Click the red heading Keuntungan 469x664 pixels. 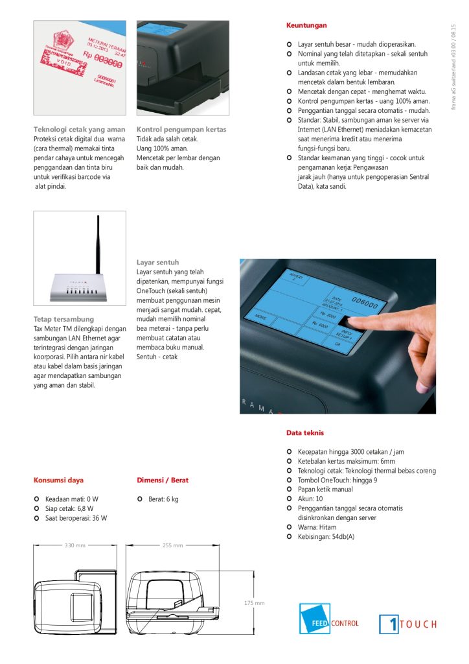pyautogui.click(x=306, y=25)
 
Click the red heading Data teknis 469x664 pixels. pyautogui.click(x=305, y=433)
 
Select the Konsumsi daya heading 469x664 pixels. pyautogui.click(x=58, y=480)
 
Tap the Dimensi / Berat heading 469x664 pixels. pyautogui.click(x=163, y=480)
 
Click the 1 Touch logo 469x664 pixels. pyautogui.click(x=407, y=624)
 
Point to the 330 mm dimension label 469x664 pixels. pyautogui.click(x=75, y=545)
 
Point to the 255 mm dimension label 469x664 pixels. pyautogui.click(x=172, y=545)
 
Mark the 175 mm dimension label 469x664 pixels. pyautogui.click(x=254, y=603)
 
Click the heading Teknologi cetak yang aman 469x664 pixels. pyautogui.click(x=79, y=130)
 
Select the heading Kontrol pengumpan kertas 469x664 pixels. pyautogui.click(x=181, y=130)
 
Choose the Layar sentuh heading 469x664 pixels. pyautogui.click(x=157, y=263)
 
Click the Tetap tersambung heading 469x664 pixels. pyautogui.click(x=63, y=320)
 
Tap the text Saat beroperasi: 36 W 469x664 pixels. pyautogui.click(x=76, y=518)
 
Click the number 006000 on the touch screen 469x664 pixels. pyautogui.click(x=364, y=300)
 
